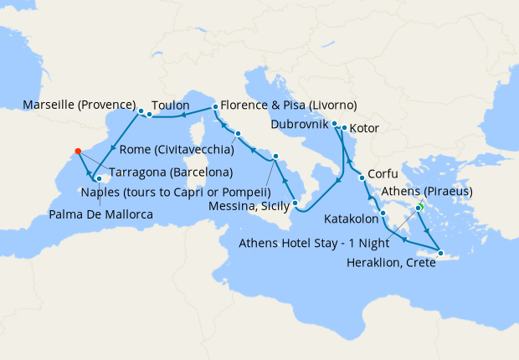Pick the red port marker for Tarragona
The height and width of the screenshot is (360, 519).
78,152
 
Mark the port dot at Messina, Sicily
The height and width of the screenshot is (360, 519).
295,203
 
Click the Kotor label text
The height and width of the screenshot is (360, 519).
364,129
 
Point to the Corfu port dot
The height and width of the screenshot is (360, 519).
362,177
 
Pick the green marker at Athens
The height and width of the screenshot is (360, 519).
420,208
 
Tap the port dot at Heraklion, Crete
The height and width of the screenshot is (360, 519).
438,252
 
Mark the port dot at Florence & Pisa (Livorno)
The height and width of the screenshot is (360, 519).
215,107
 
